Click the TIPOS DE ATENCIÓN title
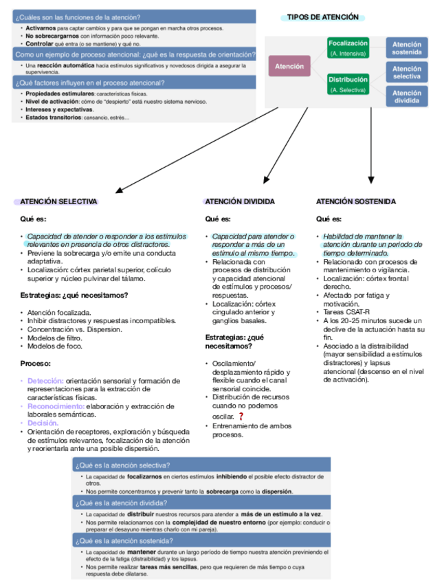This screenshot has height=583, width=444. (x=322, y=17)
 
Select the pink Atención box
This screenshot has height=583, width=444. (x=289, y=66)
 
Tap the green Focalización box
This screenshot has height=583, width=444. (x=348, y=47)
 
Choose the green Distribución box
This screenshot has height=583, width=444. (x=348, y=84)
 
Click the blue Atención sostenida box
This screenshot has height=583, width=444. (x=407, y=47)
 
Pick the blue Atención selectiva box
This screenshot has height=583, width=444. (x=407, y=72)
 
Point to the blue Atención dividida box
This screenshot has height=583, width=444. (x=407, y=97)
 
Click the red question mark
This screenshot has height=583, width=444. (x=241, y=417)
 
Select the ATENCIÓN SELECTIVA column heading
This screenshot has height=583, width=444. (x=58, y=201)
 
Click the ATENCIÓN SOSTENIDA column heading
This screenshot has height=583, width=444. (x=356, y=201)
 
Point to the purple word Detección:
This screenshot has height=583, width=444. (x=45, y=381)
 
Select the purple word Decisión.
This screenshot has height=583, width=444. (x=43, y=423)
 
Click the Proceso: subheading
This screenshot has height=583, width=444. (x=35, y=363)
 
